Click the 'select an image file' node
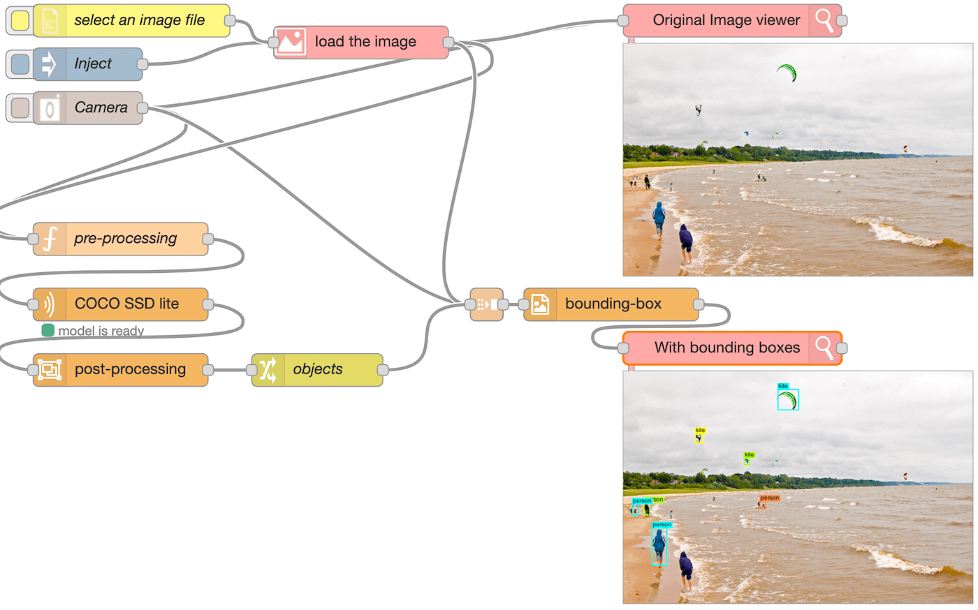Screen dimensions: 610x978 139,20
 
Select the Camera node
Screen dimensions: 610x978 101,107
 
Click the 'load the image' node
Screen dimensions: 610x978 365,42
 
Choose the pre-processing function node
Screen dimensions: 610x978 125,239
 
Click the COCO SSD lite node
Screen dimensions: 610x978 126,304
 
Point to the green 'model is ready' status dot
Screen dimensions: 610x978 48,330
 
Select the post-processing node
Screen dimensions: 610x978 129,369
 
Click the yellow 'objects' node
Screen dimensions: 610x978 318,369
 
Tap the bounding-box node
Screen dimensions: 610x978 613,304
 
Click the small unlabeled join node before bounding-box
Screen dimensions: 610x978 487,304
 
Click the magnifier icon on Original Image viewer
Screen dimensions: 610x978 824,20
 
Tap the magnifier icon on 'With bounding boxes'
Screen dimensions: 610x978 824,348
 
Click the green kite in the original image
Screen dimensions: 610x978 787,72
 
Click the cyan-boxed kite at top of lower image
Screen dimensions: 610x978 788,399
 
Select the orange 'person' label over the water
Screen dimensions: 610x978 769,498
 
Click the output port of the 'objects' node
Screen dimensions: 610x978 383,370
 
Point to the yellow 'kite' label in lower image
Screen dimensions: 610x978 700,430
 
